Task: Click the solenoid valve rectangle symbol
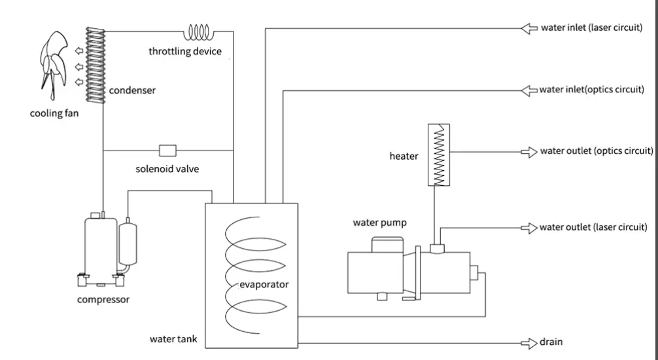tap(168, 150)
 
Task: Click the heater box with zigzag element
tap(440, 154)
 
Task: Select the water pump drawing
tap(412, 268)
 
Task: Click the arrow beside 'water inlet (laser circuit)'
tap(528, 28)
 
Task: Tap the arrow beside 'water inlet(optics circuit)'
tap(528, 90)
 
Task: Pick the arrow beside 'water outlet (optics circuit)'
tap(528, 152)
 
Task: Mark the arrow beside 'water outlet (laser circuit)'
tap(528, 227)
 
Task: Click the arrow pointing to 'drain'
tap(528, 342)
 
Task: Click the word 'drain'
tap(551, 342)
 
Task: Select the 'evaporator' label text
tap(264, 285)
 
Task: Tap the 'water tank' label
tap(173, 340)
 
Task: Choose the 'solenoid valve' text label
tap(167, 169)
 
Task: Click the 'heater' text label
tap(404, 156)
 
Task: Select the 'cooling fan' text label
tap(54, 113)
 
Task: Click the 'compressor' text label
tap(103, 300)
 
